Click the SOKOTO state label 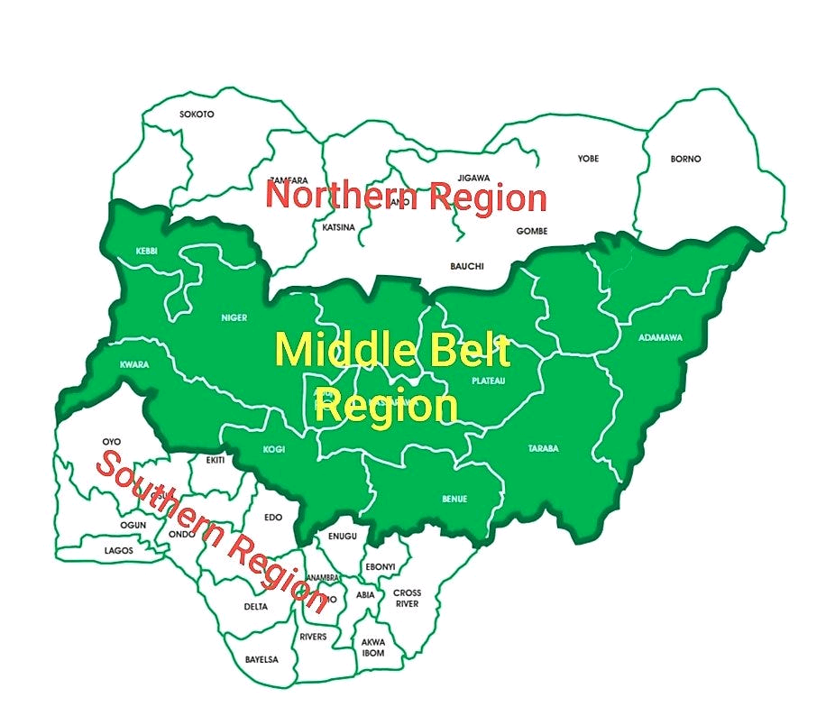tap(197, 115)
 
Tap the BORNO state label tap(685, 159)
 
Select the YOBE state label tap(588, 159)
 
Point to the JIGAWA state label tap(473, 178)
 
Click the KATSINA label tap(338, 227)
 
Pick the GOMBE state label tap(531, 231)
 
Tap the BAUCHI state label tap(467, 266)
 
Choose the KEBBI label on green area tap(146, 251)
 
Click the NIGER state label tap(234, 317)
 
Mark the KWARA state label tap(133, 365)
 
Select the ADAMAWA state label tap(660, 337)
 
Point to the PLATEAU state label tap(489, 381)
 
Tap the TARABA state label tap(544, 448)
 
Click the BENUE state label tap(454, 499)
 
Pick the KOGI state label tap(273, 448)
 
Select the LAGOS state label tap(118, 550)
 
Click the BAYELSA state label tap(262, 659)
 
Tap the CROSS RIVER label tap(407, 598)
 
